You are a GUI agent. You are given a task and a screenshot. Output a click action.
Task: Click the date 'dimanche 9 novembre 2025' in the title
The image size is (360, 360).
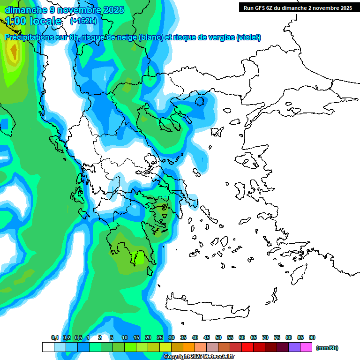(64, 10)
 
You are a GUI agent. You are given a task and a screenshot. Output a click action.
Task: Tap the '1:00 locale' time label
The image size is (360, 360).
(33, 21)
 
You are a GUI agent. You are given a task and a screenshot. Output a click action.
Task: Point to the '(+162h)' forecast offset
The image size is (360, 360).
(83, 21)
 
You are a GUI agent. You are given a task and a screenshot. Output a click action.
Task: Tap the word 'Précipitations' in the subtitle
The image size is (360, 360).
(27, 37)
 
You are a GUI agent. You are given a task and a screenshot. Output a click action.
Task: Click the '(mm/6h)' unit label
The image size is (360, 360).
(327, 348)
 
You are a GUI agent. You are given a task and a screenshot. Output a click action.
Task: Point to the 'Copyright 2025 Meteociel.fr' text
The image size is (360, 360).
(199, 357)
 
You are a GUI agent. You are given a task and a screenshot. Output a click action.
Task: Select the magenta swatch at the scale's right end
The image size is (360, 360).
(306, 347)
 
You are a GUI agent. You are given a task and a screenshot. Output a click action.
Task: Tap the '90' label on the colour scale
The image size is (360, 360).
(312, 337)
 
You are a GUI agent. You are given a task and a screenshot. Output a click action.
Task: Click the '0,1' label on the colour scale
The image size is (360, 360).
(55, 337)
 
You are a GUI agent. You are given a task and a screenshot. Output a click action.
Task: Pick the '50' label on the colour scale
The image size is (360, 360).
(218, 337)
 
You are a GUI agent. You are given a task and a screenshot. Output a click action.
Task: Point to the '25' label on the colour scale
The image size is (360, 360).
(160, 337)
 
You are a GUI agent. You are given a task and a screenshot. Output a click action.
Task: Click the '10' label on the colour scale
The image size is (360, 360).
(125, 337)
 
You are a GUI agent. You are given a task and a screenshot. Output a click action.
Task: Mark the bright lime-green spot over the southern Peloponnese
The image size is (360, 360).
(140, 257)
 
